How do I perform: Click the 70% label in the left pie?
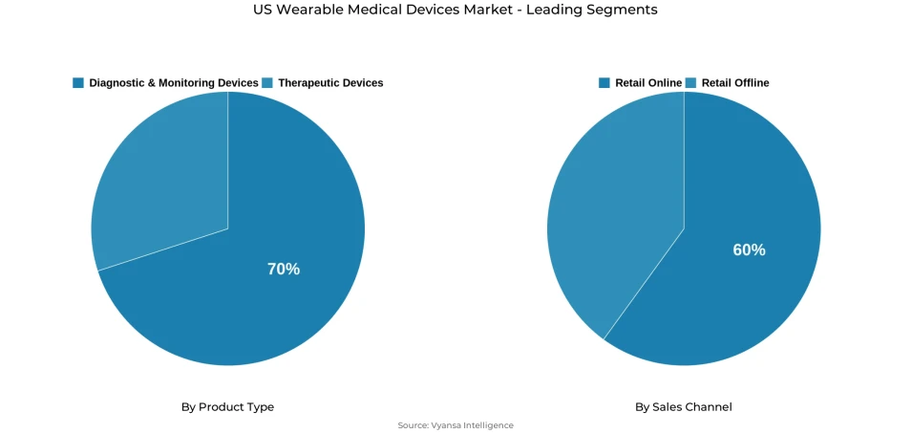click(x=284, y=270)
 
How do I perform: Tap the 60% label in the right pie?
click(x=749, y=250)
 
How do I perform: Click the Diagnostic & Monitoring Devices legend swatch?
click(x=78, y=83)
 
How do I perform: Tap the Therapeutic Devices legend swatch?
click(x=267, y=83)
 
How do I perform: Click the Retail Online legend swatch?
click(x=604, y=83)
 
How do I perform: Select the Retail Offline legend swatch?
click(x=690, y=83)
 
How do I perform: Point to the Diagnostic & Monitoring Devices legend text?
click(x=174, y=83)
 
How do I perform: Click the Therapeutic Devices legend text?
click(x=330, y=83)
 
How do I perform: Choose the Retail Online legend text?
click(x=648, y=83)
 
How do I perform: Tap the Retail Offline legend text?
click(x=735, y=83)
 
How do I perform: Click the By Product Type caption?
click(x=227, y=407)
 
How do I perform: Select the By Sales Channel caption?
click(x=684, y=407)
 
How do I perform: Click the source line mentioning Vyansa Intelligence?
click(x=456, y=425)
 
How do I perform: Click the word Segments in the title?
click(x=626, y=10)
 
